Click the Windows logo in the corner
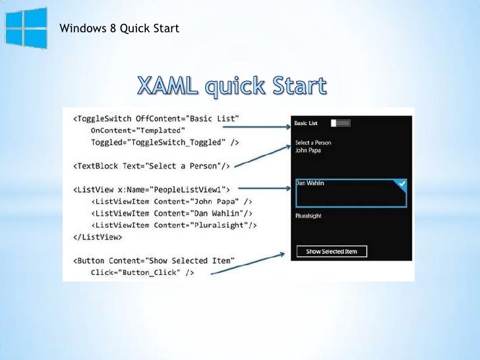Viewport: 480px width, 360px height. pyautogui.click(x=26, y=28)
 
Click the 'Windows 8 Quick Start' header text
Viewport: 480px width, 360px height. pyautogui.click(x=119, y=28)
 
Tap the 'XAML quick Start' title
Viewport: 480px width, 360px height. pyautogui.click(x=231, y=87)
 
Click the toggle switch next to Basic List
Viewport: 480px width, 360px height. pyautogui.click(x=340, y=123)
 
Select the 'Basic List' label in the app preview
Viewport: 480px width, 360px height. pyautogui.click(x=306, y=123)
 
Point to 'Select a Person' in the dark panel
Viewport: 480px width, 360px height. pyautogui.click(x=313, y=142)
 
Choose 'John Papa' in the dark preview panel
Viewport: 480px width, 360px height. pyautogui.click(x=309, y=150)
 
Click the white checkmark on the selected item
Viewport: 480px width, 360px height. pyautogui.click(x=401, y=183)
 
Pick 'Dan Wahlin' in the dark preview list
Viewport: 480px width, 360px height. pyautogui.click(x=310, y=183)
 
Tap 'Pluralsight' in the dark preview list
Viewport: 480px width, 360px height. pyautogui.click(x=309, y=216)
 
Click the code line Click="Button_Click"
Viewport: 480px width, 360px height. pyautogui.click(x=142, y=272)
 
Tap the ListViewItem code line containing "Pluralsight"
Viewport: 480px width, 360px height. pyautogui.click(x=173, y=225)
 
